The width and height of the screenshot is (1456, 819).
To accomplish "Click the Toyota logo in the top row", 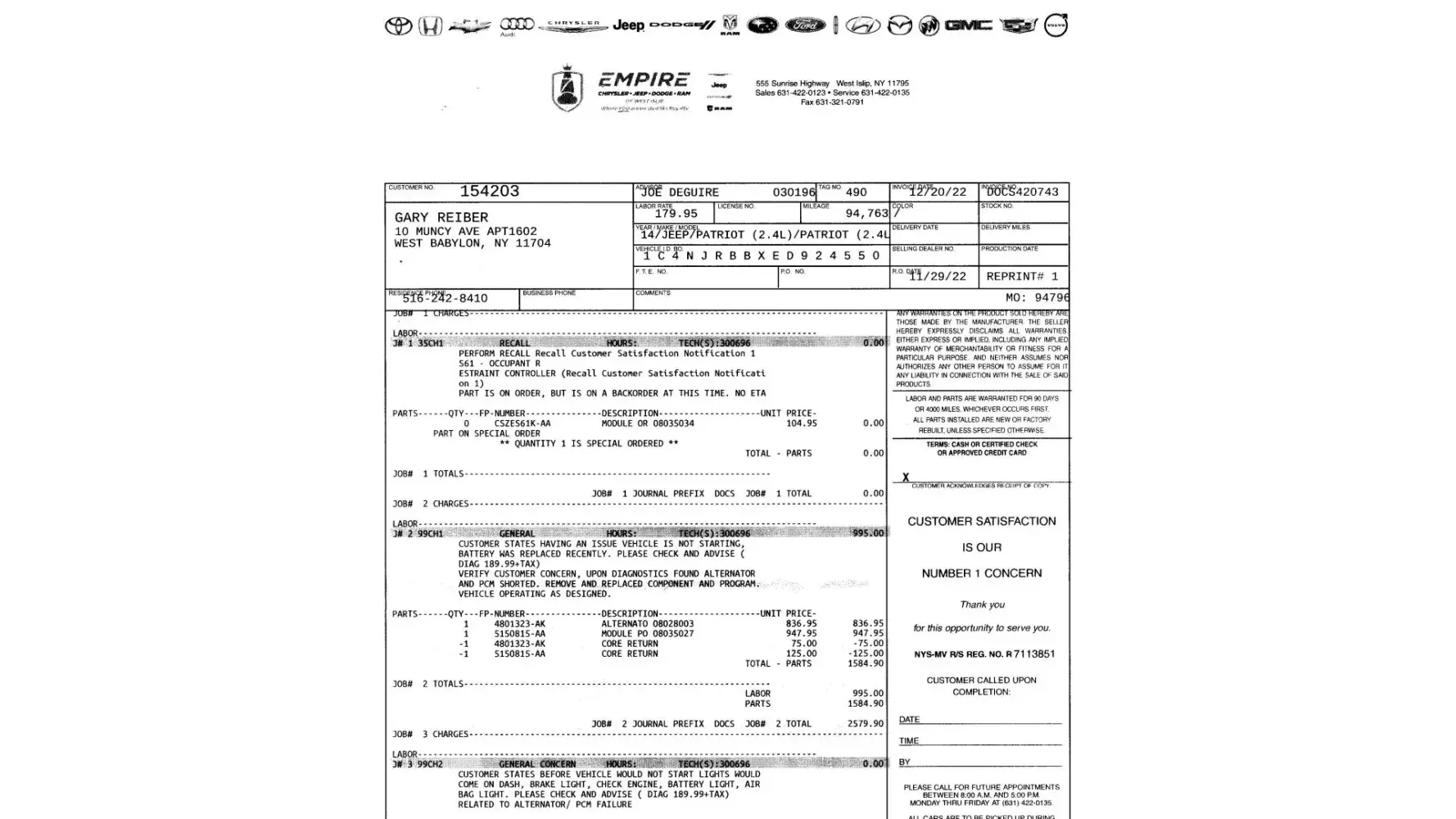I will tap(399, 26).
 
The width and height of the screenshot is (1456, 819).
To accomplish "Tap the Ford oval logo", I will tap(805, 25).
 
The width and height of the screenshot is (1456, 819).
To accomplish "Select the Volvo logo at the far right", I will tap(1056, 25).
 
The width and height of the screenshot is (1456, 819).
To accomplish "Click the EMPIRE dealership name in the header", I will tap(644, 80).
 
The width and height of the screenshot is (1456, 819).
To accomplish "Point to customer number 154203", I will tap(489, 192).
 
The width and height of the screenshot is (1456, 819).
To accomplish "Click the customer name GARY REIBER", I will tap(441, 218).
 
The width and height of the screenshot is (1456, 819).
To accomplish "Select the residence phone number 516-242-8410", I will tap(445, 299).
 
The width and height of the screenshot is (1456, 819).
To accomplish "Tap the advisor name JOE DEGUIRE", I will tap(680, 192).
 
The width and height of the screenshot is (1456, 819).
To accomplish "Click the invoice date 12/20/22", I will tap(938, 192).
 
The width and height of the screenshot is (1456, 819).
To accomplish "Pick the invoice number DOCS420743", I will tap(1023, 192).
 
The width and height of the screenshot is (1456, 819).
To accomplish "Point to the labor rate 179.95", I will tap(676, 214).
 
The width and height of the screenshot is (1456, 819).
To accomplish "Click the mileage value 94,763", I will tap(866, 214).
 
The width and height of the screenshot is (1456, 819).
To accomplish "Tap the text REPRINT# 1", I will tap(1022, 277).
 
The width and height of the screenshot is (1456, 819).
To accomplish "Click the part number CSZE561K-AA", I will tap(522, 424).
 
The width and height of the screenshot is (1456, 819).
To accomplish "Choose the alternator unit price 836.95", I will tap(801, 624).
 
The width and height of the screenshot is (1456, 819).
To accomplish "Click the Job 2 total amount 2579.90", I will tap(866, 724).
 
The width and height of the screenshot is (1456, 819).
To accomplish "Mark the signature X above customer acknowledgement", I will tap(906, 477).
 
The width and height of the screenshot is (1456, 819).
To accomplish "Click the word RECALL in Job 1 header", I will tap(514, 344).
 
